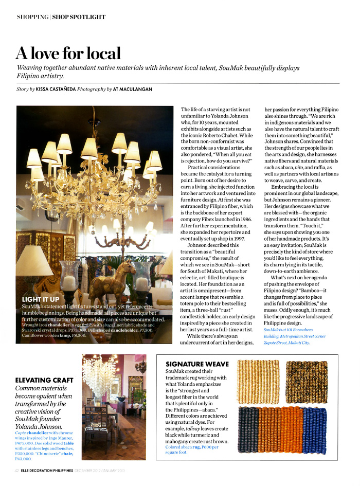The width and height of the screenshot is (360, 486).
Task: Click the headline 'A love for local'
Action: (68, 53)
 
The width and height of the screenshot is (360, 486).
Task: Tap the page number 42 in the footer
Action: (17, 471)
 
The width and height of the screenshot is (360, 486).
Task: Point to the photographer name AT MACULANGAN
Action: (132, 89)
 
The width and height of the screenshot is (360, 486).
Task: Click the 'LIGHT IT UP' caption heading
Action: (41, 299)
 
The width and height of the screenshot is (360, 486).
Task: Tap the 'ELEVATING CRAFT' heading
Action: (44, 380)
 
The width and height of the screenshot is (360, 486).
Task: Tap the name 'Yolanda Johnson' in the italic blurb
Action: (39, 426)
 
